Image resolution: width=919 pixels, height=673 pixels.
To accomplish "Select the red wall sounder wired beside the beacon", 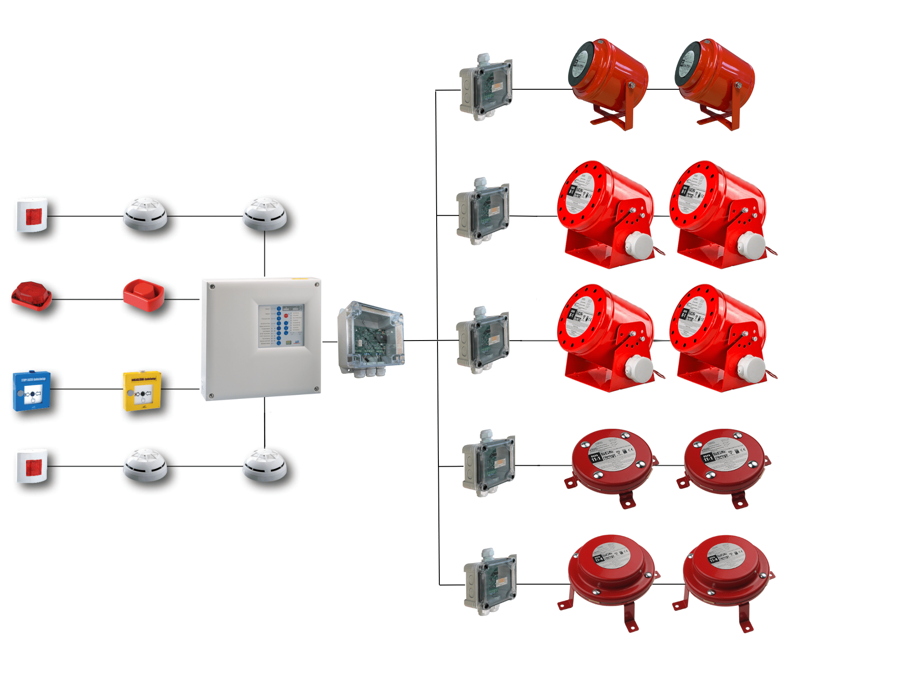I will point(144,295).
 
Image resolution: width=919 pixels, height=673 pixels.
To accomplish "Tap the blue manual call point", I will point(31,391).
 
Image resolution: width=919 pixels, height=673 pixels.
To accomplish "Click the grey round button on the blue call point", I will point(20,393).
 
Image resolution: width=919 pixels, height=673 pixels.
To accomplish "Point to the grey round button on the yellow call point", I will point(130,393).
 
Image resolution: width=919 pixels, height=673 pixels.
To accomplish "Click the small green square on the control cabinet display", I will point(289,342).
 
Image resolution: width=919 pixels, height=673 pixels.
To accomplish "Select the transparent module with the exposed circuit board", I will point(371,338).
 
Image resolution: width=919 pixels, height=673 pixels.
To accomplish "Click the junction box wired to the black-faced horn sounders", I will point(486,88).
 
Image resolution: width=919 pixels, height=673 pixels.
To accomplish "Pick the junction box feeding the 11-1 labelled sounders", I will point(489,464).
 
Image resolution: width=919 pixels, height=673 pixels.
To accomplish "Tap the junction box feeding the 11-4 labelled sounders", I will point(490,582).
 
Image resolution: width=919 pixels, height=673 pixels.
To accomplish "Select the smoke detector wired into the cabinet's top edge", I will point(265,214).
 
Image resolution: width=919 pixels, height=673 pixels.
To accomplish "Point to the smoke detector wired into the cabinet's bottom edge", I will point(265,465).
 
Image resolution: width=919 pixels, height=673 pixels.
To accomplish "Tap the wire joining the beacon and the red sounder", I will point(88,299).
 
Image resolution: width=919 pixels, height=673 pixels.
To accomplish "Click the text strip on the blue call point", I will point(33,379).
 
